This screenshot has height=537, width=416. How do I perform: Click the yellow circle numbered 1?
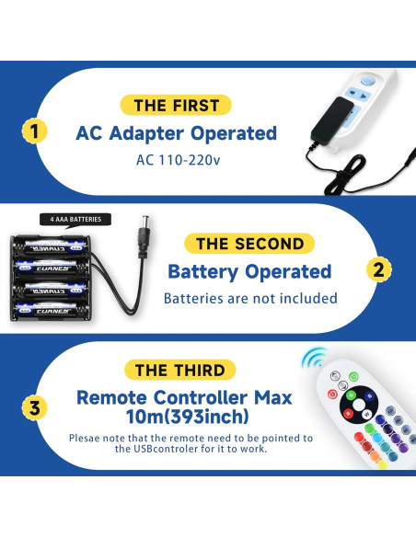pyautogui.click(x=34, y=131)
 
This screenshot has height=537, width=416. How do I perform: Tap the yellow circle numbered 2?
pyautogui.click(x=378, y=269)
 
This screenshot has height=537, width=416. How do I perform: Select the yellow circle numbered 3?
pyautogui.click(x=34, y=407)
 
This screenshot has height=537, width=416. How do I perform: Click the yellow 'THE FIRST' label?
pyautogui.click(x=176, y=105)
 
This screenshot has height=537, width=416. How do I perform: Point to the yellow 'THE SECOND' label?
pyautogui.click(x=249, y=244)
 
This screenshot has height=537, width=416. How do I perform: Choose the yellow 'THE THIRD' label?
pyautogui.click(x=179, y=370)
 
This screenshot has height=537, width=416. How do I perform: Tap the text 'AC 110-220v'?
pyautogui.click(x=179, y=160)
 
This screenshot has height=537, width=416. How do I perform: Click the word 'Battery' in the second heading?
pyautogui.click(x=202, y=272)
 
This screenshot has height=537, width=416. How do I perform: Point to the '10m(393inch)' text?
pyautogui.click(x=188, y=417)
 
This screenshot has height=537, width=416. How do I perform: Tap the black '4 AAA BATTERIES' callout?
pyautogui.click(x=75, y=219)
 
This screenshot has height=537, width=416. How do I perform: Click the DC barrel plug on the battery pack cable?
pyautogui.click(x=144, y=234)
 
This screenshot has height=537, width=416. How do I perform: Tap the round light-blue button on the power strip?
pyautogui.click(x=368, y=82)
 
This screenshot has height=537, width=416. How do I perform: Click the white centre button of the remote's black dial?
pyautogui.click(x=359, y=405)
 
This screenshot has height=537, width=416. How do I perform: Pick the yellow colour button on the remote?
pyautogui.click(x=382, y=464)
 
